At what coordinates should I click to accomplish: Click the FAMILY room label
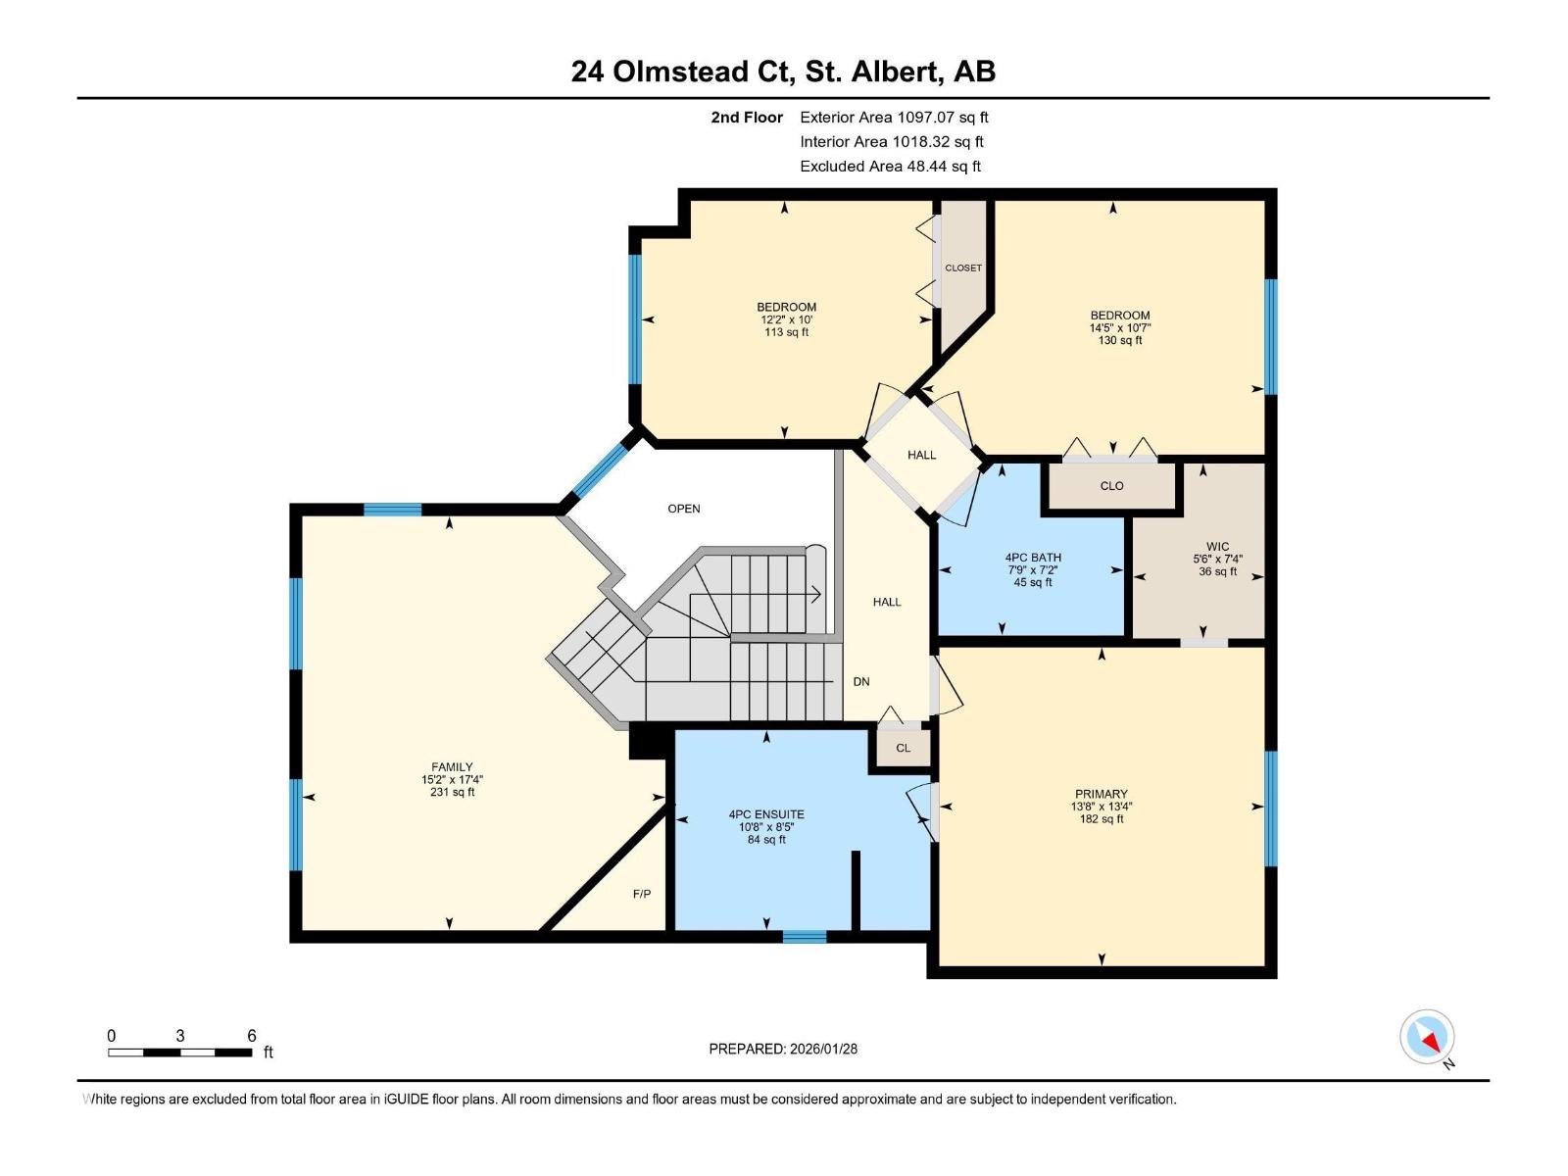click(x=452, y=767)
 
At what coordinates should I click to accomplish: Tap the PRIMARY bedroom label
click(x=1101, y=794)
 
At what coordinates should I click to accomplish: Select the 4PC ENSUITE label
click(x=766, y=814)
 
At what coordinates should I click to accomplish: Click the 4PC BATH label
click(x=1033, y=558)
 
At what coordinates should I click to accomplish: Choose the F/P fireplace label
click(x=642, y=894)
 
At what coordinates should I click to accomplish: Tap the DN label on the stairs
click(x=860, y=681)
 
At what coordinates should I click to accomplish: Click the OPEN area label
click(x=684, y=509)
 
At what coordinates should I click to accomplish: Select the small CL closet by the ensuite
click(x=903, y=748)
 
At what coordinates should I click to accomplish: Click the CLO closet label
click(x=1111, y=486)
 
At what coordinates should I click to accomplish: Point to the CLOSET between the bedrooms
click(x=963, y=268)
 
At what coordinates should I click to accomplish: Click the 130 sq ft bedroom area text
click(x=1119, y=341)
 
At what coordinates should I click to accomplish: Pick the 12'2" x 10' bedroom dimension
click(x=787, y=319)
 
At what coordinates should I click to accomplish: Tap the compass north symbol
click(x=1428, y=1037)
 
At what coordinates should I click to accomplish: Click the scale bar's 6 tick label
click(x=252, y=1036)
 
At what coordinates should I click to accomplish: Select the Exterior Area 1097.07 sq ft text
click(x=894, y=117)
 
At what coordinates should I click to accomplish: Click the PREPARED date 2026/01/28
click(x=783, y=1049)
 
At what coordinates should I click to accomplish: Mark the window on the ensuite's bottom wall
click(x=805, y=937)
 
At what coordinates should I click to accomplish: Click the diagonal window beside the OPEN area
click(x=600, y=468)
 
